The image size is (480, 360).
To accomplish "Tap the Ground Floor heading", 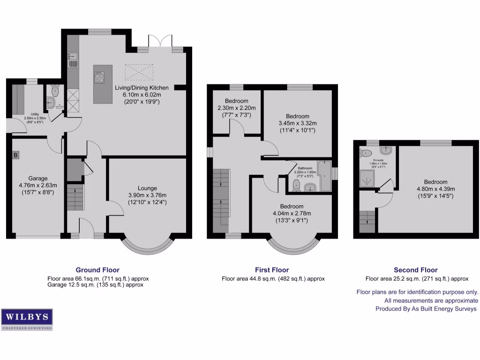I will pos(97,270).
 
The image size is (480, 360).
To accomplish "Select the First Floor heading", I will pos(272,270).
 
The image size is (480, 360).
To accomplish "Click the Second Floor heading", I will pos(415,270).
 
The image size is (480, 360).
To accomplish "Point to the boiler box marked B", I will pos(15,155).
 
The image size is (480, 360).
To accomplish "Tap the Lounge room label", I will pos(147,187).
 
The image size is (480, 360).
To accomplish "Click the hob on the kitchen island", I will pos(100,76).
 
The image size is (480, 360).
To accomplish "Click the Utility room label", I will pos(35,114).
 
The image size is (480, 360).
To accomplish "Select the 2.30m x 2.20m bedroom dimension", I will pos(236,108).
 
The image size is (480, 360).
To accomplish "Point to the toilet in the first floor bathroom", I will pos(296,187).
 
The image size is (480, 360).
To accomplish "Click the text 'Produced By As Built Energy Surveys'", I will pos(426,309).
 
